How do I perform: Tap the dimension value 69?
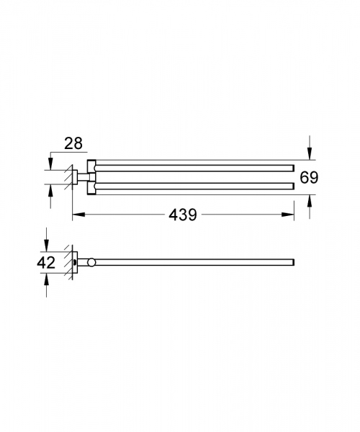(x=309, y=178)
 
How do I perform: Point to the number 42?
(x=47, y=263)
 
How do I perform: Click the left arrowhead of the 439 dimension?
(x=76, y=215)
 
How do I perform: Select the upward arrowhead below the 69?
(x=309, y=203)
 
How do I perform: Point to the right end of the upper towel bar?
(x=293, y=167)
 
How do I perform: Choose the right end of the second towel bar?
(x=293, y=186)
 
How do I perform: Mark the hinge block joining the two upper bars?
(x=90, y=177)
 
